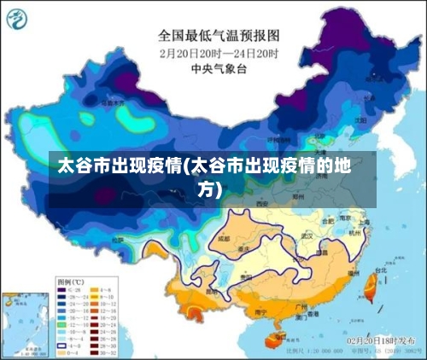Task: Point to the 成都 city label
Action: click(x=225, y=241)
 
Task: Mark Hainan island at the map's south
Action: click(x=274, y=340)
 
